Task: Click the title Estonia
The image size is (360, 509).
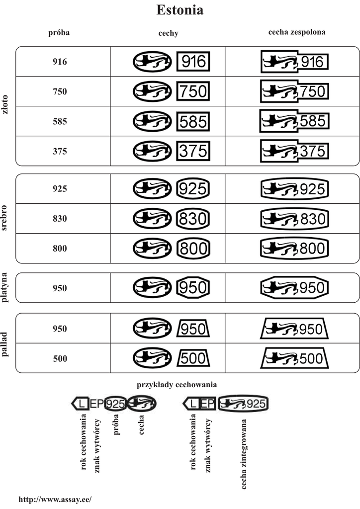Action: (x=180, y=10)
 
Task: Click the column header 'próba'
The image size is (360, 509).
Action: (x=59, y=33)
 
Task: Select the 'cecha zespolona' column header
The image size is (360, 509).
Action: (x=297, y=32)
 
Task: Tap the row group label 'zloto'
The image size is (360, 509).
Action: (x=6, y=105)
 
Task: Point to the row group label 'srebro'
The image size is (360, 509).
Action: (x=6, y=218)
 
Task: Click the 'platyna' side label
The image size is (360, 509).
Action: (x=6, y=288)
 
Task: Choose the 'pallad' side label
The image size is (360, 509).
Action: (x=6, y=343)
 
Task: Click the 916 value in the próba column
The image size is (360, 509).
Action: (x=59, y=62)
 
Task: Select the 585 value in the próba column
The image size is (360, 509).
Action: (x=59, y=121)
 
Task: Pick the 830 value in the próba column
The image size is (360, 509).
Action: (x=59, y=219)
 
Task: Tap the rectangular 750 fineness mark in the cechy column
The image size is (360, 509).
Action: (x=193, y=91)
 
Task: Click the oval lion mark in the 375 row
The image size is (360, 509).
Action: (x=152, y=151)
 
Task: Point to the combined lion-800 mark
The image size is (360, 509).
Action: (x=294, y=248)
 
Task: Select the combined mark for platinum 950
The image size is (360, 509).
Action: (x=294, y=287)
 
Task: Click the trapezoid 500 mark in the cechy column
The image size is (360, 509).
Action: (x=193, y=358)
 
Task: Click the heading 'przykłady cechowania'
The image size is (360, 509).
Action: (x=177, y=385)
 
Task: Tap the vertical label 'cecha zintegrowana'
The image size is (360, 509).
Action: (x=244, y=454)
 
